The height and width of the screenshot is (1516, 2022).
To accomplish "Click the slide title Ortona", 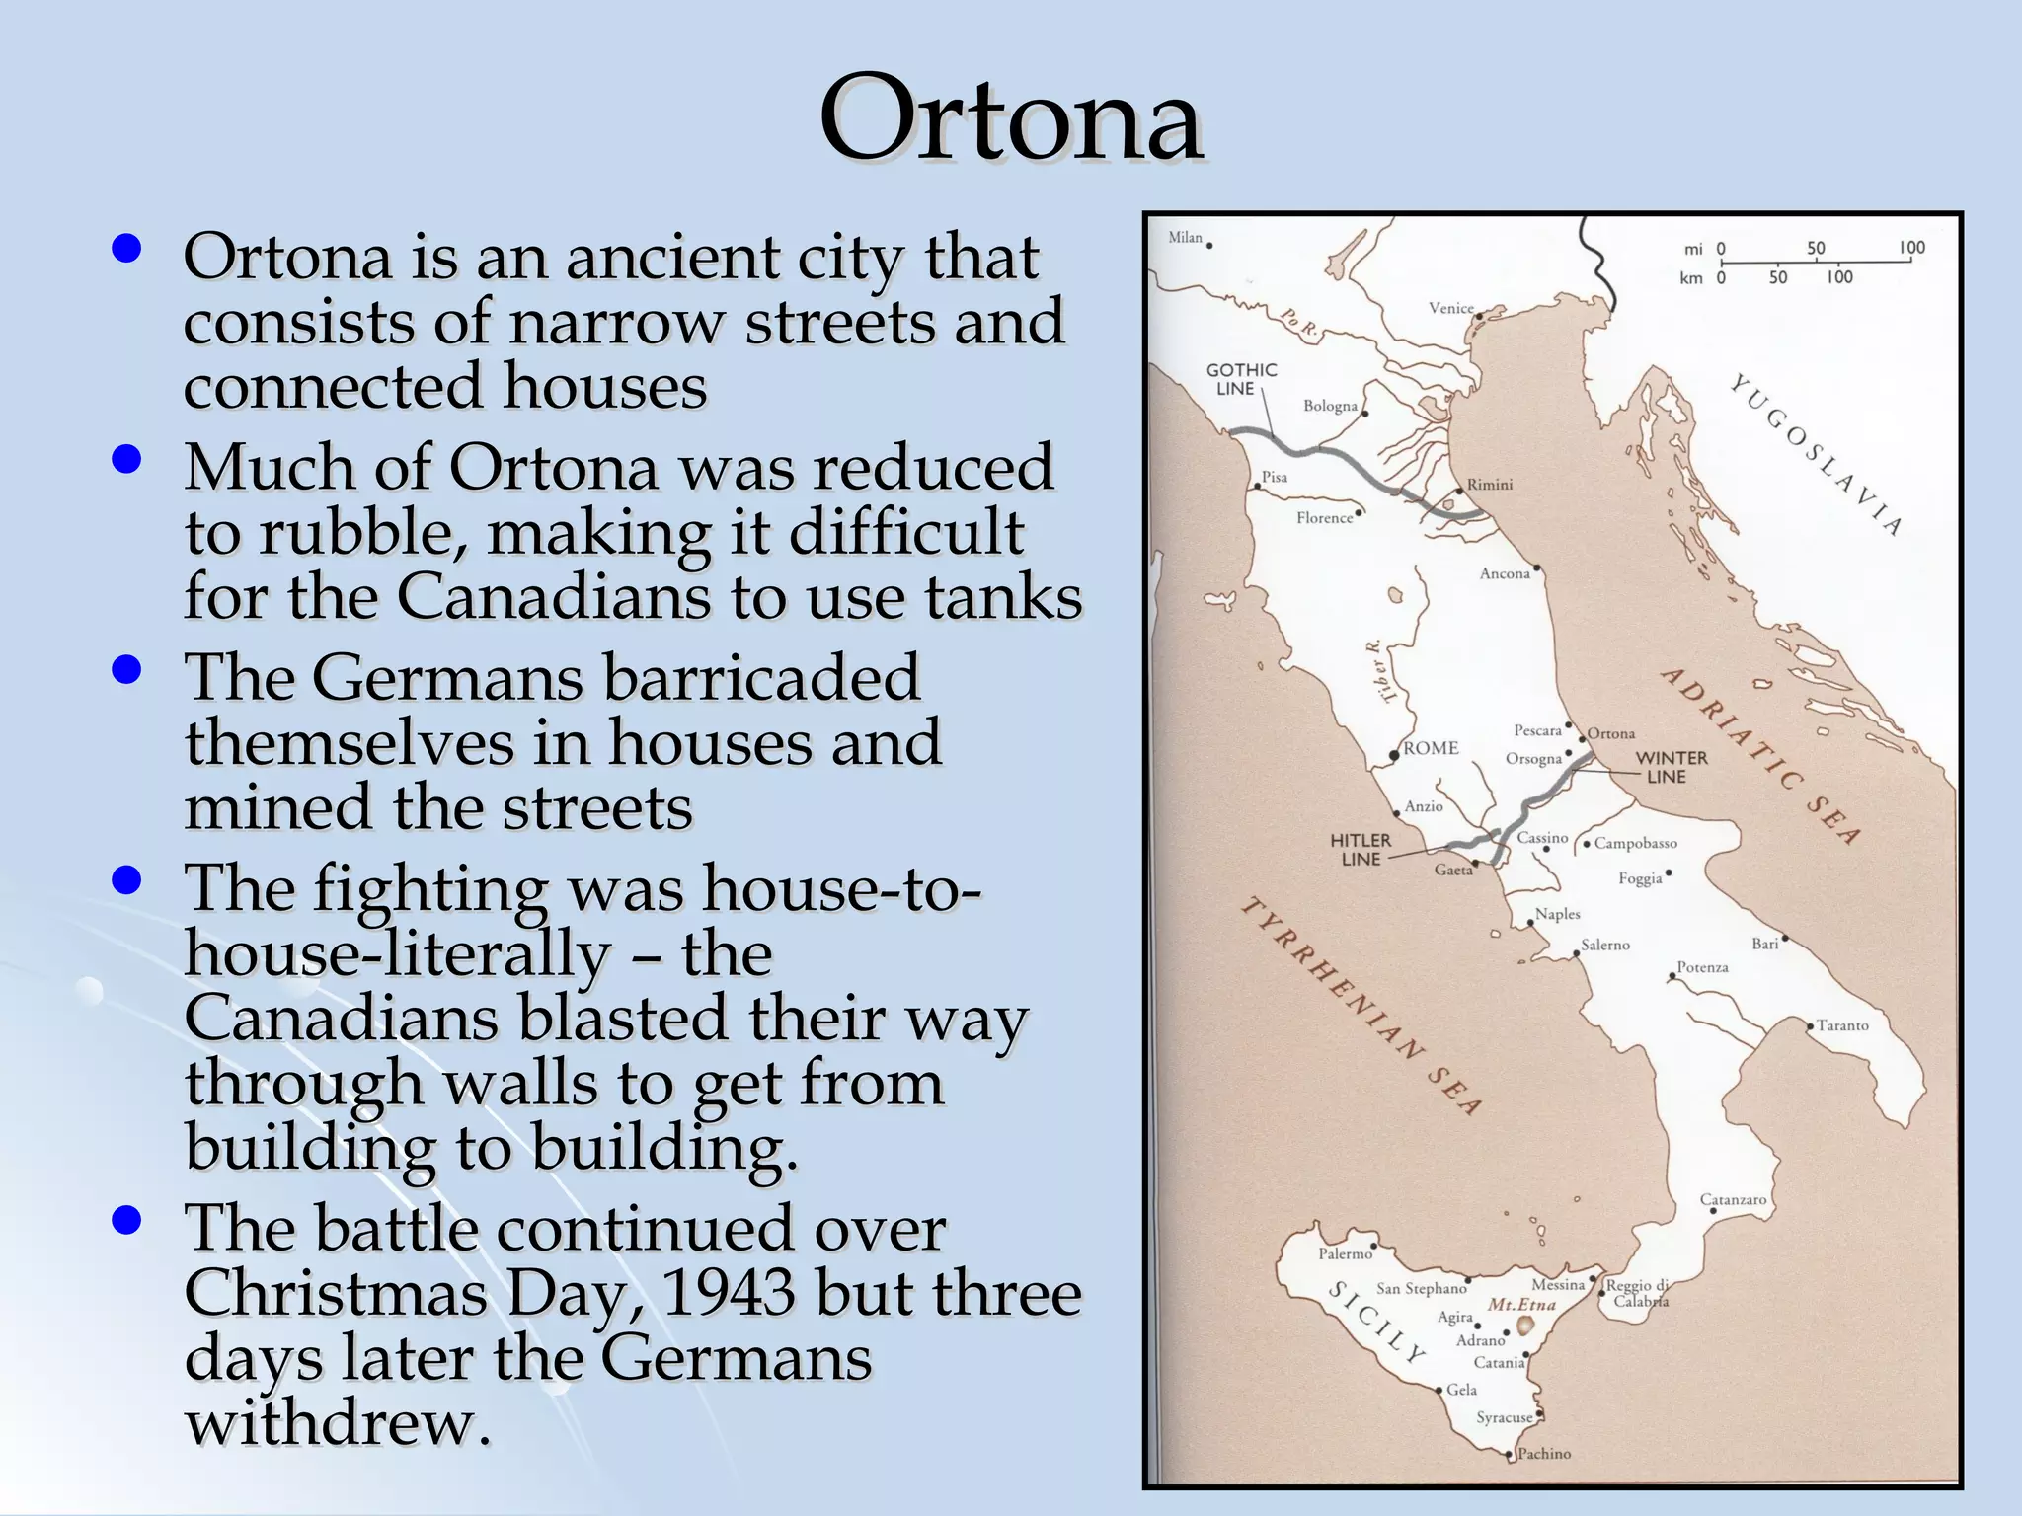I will click(x=1010, y=119).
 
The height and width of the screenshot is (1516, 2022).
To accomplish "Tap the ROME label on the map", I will click(x=1431, y=748).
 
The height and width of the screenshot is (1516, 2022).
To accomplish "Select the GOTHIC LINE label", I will click(x=1241, y=379).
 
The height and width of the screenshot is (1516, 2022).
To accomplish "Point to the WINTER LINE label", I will click(x=1671, y=767).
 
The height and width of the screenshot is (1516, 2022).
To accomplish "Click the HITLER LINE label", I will click(x=1360, y=849).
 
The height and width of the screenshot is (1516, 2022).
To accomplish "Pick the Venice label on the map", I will click(x=1450, y=308).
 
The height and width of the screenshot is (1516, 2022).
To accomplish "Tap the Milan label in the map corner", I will click(x=1185, y=237).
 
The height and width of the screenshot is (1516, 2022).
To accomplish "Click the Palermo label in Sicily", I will click(x=1345, y=1253).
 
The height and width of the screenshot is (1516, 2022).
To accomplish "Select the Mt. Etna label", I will click(x=1521, y=1304).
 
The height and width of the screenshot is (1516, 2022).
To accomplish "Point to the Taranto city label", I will click(x=1842, y=1025).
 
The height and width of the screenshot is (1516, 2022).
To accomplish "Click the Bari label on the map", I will click(x=1764, y=944).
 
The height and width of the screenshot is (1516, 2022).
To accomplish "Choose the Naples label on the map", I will click(x=1557, y=914).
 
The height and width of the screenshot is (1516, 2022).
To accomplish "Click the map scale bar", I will click(x=1815, y=263).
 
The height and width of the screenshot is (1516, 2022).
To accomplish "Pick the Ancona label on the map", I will click(x=1504, y=573).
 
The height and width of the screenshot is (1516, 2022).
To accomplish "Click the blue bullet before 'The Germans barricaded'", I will click(x=126, y=671).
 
